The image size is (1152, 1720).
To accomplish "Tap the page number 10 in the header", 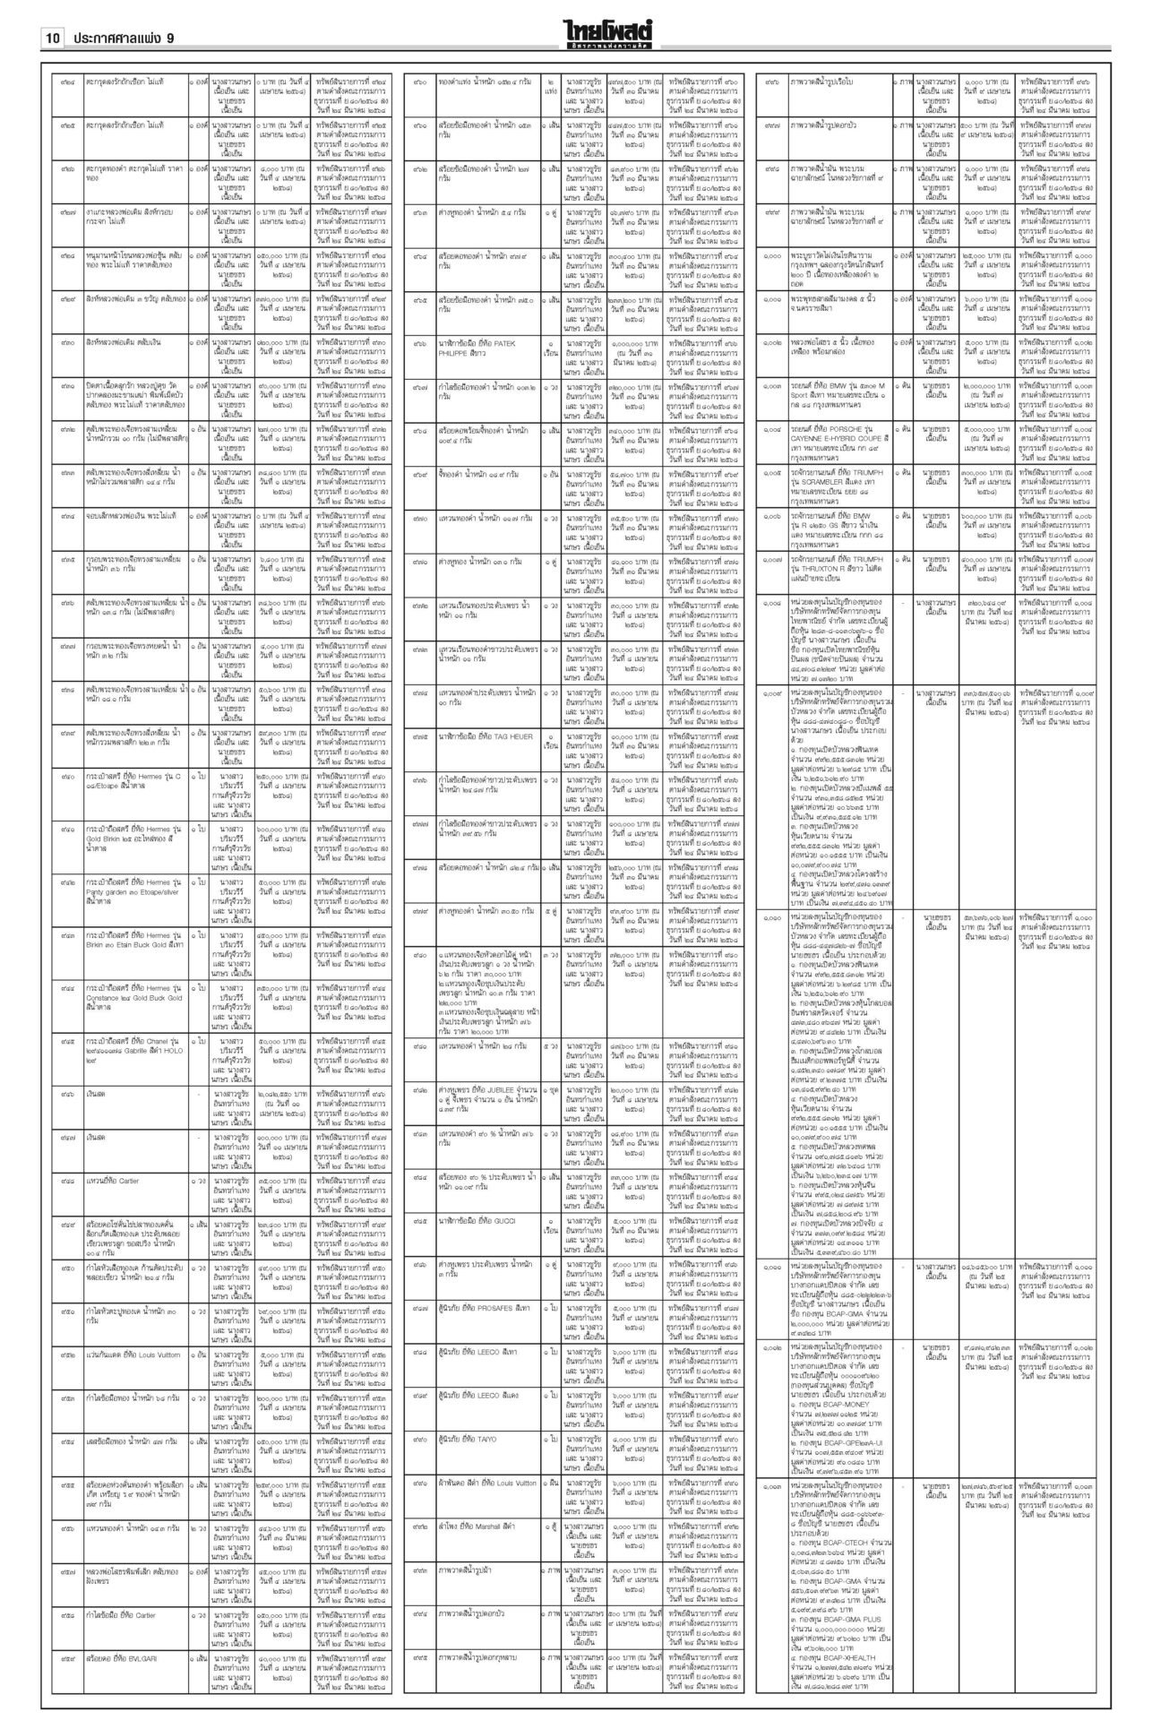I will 52,38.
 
